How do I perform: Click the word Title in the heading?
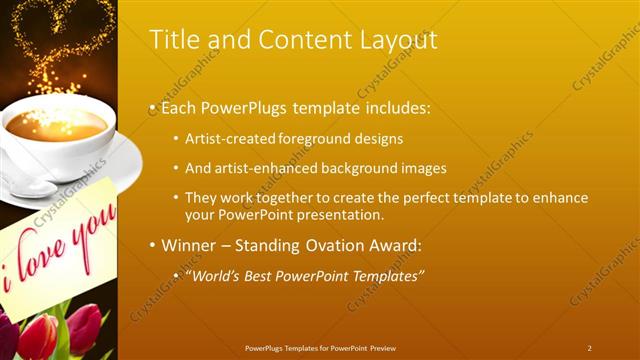[x=172, y=39]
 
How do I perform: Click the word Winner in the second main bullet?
[x=188, y=245]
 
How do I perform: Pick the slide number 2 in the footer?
[x=589, y=348]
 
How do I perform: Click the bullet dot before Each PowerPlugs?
[x=152, y=107]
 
